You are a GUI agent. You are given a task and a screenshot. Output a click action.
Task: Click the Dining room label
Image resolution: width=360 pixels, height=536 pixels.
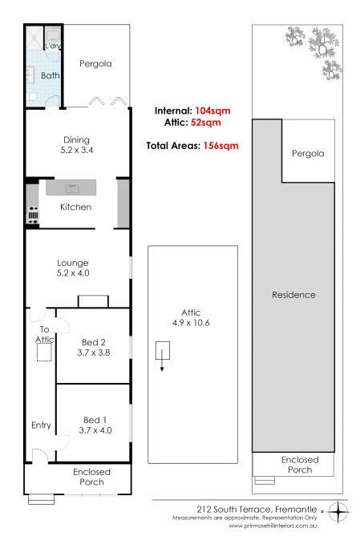coord(76,140)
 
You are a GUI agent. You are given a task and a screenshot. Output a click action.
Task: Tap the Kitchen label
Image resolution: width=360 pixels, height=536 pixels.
coord(75,207)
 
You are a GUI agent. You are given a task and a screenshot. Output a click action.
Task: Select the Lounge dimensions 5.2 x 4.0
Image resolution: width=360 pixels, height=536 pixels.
coord(73,272)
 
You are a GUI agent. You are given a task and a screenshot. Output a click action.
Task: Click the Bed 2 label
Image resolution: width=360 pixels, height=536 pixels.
coord(94,342)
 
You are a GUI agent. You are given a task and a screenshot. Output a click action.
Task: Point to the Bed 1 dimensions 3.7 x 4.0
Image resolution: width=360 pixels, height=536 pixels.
coord(95,430)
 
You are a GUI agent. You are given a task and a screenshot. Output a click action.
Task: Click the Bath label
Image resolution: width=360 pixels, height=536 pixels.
coord(50,75)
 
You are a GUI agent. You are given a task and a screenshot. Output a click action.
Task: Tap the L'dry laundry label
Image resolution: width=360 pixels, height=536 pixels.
coord(53,46)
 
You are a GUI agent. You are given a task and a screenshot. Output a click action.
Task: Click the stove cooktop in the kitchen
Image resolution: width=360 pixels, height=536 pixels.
coord(33,215)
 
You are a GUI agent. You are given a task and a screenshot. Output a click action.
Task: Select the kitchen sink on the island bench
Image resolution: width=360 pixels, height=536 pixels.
coord(72,188)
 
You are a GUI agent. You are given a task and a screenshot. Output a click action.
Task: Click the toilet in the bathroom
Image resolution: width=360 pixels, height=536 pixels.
coord(32,97)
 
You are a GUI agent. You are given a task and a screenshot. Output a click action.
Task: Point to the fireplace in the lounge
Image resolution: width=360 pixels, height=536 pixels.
coord(93,301)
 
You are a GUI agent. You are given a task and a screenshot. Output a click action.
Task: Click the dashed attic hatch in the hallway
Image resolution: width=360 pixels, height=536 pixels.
coord(44,352)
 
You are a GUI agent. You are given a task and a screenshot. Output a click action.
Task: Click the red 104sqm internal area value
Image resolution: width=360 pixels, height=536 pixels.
coord(212,111)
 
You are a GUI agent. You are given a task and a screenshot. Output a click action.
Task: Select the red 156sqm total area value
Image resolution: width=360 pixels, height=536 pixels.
coord(220,146)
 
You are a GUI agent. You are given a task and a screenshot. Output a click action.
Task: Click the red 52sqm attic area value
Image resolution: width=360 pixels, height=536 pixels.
coord(206,123)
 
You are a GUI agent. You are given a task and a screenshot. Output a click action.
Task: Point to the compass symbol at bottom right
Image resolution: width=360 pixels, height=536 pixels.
coord(338,512)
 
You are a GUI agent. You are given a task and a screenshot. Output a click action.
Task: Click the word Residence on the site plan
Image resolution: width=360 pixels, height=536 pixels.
coord(293,295)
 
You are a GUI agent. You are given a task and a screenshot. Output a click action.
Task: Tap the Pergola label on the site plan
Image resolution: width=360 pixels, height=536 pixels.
coord(308,154)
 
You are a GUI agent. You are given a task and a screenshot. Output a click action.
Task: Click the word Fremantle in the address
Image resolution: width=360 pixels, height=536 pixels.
coord(296,510)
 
